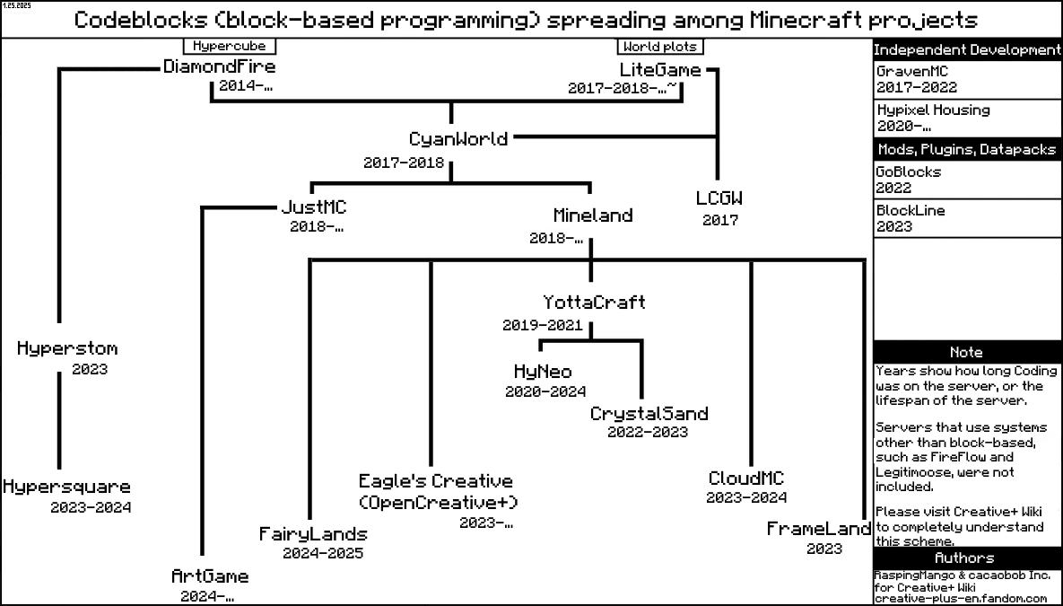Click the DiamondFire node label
pos(219,67)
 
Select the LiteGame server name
pos(659,70)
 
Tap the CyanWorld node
pos(457,139)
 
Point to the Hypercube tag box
pos(230,46)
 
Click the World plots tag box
pos(660,47)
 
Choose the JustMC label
pos(313,207)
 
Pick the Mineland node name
pos(592,215)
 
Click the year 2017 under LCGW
pos(719,220)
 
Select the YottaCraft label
pos(593,303)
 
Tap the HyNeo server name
pos(542,372)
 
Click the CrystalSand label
pos(649,414)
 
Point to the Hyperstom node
pos(67,348)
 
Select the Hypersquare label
pos(66,487)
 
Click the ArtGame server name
pos(210,576)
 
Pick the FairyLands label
pos(313,534)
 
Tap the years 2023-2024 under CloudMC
pos(746,497)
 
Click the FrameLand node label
pos(818,530)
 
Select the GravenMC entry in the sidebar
pos(911,71)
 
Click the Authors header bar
pos(966,558)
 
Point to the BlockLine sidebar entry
pos(911,211)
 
